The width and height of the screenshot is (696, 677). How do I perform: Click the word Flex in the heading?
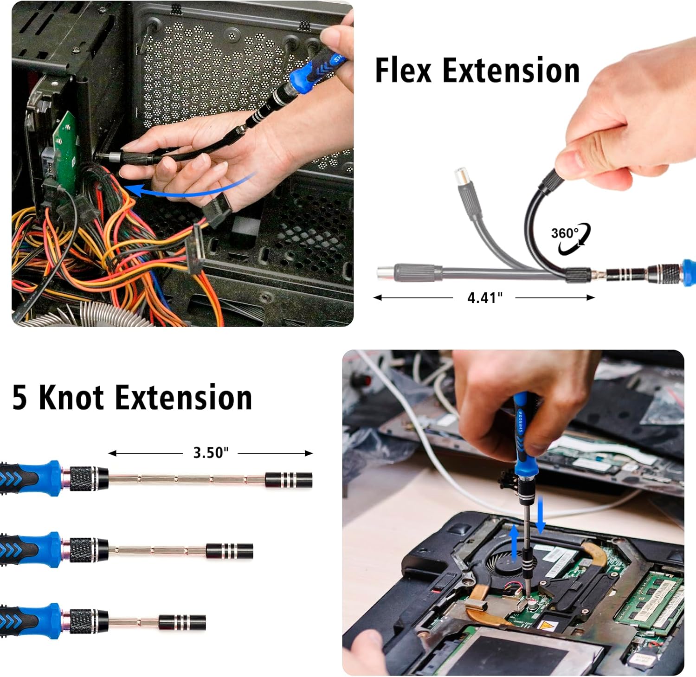403,71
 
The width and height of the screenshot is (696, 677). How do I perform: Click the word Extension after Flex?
511,71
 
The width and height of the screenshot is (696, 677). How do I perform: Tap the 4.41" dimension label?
485,297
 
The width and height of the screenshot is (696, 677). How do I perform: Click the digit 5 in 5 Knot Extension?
19,398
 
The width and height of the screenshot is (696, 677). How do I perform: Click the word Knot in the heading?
71,398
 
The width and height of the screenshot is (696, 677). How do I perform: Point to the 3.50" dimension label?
211,452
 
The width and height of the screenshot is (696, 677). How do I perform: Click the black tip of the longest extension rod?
289,479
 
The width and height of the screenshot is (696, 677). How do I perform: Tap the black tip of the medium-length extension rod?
230,551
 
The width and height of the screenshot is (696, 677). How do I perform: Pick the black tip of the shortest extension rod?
182,622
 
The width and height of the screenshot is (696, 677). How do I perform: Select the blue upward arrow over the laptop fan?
514,543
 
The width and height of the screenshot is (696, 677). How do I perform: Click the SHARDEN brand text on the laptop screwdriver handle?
521,421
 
